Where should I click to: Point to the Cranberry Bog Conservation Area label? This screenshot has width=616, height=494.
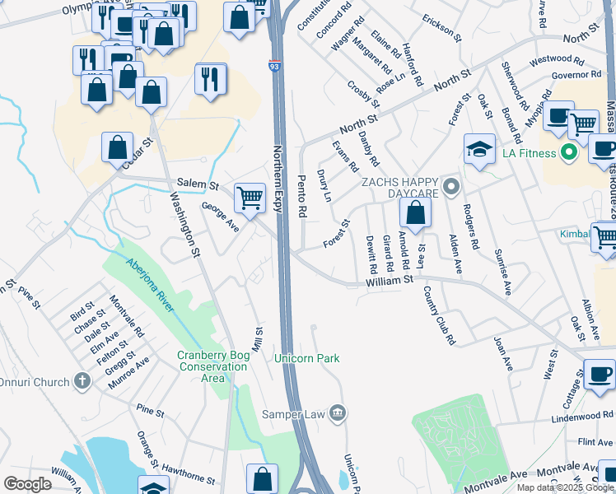click(201, 366)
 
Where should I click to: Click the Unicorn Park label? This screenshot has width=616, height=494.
click(306, 358)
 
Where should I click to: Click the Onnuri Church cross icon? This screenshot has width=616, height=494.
click(81, 380)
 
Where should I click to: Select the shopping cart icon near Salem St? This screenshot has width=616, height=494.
click(250, 198)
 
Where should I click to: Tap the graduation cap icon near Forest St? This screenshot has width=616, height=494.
click(479, 148)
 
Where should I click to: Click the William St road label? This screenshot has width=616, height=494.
click(390, 282)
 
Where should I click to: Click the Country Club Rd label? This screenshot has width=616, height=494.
click(439, 315)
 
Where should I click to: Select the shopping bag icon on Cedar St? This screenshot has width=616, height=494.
click(118, 147)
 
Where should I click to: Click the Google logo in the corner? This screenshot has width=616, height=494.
click(27, 484)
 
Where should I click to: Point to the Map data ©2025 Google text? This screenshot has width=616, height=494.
click(564, 487)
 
